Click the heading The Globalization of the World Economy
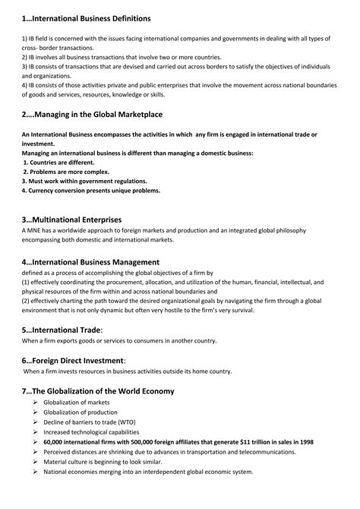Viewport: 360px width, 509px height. tap(99, 391)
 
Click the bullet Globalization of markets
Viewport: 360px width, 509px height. tap(77, 402)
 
